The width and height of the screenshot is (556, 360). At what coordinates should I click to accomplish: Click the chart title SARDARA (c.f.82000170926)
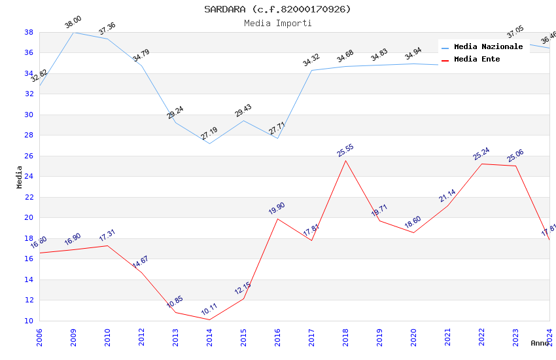[277, 9]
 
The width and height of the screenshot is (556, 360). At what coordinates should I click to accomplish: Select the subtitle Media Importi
[277, 23]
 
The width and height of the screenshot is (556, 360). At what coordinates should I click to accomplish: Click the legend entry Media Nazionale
[488, 47]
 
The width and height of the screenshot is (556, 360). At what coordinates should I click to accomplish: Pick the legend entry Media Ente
[477, 60]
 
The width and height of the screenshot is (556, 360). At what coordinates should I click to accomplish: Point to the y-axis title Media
[20, 177]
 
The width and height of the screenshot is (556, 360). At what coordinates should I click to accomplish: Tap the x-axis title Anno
[540, 343]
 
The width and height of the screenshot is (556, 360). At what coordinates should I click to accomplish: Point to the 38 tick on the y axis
[29, 32]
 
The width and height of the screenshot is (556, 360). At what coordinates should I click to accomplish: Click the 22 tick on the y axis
[29, 197]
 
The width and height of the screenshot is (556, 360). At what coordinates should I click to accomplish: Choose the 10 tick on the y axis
[29, 321]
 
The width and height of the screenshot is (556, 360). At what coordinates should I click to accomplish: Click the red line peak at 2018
[345, 160]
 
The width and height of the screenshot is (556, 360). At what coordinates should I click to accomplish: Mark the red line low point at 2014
[209, 319]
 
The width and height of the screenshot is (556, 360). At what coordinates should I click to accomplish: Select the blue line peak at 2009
[73, 32]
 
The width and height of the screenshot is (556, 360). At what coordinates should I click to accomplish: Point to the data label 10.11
[210, 309]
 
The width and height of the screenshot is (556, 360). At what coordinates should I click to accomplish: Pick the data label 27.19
[209, 134]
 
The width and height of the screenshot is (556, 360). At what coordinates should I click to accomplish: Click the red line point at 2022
[481, 164]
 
